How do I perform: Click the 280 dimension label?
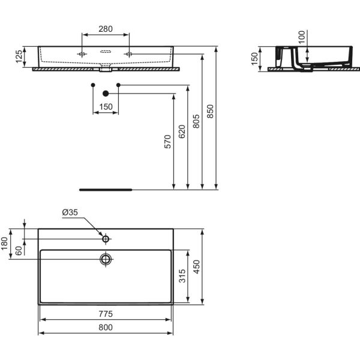[106, 29]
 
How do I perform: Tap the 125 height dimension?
[19, 56]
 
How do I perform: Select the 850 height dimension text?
[210, 112]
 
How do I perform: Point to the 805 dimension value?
[196, 121]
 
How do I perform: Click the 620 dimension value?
[182, 131]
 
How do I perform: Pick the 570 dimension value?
[168, 142]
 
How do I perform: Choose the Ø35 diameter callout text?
[70, 212]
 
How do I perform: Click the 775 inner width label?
[106, 314]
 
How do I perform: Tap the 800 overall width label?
[106, 328]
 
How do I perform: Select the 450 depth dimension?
[197, 267]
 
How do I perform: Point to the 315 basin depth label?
[182, 276]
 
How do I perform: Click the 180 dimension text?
[5, 244]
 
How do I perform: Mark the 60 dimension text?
[19, 251]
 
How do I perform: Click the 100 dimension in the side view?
[302, 37]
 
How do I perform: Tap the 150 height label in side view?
[254, 59]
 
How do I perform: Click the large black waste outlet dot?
[106, 94]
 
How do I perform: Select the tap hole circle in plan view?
[106, 239]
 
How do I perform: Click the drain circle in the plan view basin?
[106, 259]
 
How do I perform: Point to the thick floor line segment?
[106, 190]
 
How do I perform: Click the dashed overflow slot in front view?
[106, 52]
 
